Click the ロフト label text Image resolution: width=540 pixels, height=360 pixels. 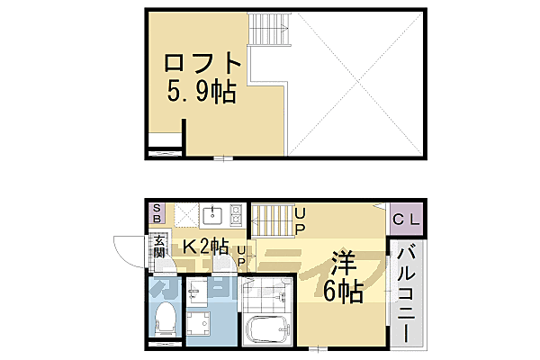click(x=203, y=64)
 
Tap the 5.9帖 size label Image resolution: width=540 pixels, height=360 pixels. click(x=200, y=92)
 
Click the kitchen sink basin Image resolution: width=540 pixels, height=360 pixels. click(x=214, y=215)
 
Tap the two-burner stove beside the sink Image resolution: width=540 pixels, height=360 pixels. click(x=236, y=215)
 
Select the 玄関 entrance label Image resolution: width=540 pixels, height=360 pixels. click(x=159, y=244)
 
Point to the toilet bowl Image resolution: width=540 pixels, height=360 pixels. click(x=166, y=317)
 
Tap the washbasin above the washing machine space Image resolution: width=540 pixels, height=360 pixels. click(x=199, y=288)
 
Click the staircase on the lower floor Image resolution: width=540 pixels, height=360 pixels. click(x=271, y=221)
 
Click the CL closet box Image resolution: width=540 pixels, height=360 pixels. click(x=402, y=218)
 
